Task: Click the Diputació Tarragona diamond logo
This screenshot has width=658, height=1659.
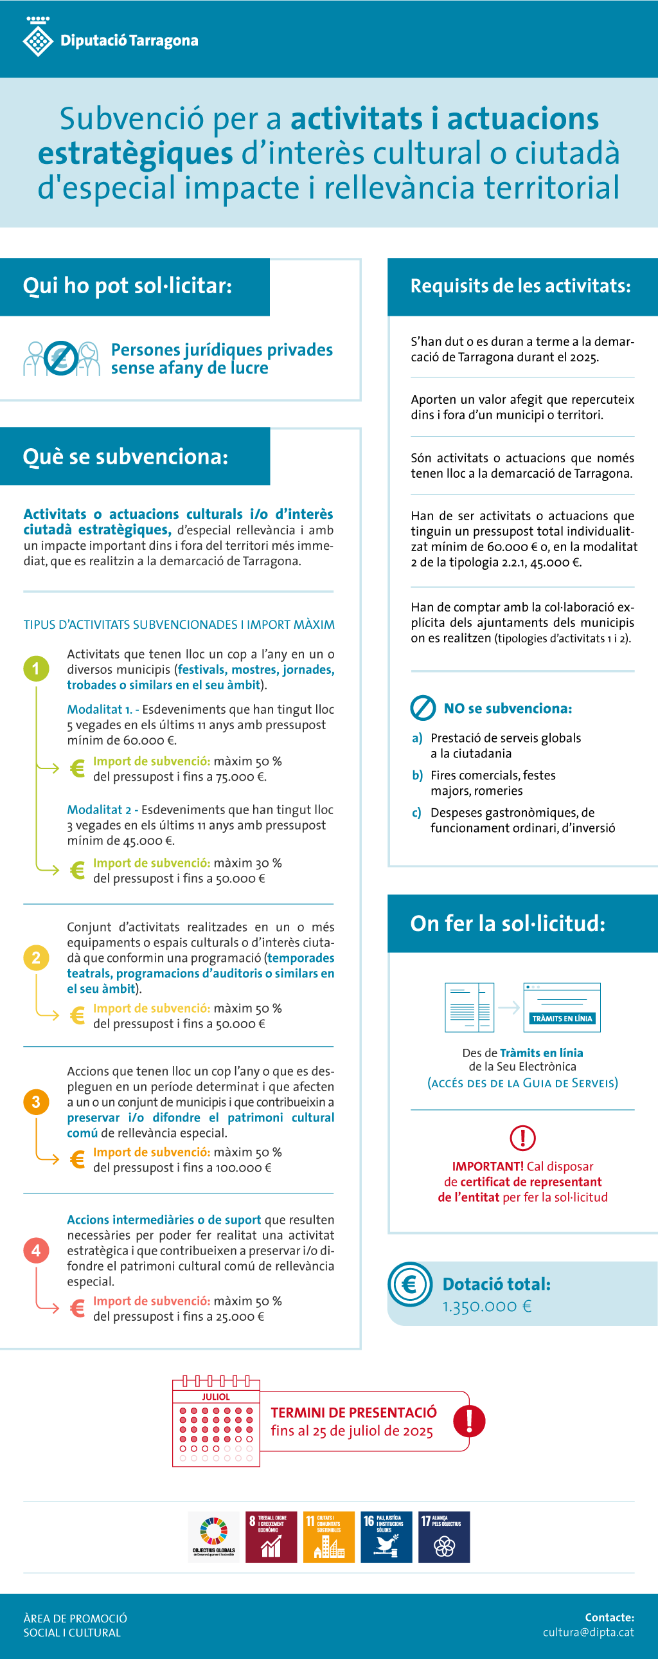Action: point(38,40)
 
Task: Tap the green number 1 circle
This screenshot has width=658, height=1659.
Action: point(36,669)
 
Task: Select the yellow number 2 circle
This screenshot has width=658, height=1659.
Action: point(36,957)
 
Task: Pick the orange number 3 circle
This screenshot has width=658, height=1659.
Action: point(36,1102)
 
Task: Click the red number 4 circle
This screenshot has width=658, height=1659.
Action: point(36,1250)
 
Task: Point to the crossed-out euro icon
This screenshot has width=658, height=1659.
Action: point(61,358)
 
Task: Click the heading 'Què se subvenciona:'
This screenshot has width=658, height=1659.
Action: point(125,457)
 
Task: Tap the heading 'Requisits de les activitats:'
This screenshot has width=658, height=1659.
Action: point(521,286)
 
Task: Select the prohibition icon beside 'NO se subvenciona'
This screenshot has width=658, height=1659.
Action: point(423,708)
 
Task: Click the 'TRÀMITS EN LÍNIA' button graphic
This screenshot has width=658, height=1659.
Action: point(562,1018)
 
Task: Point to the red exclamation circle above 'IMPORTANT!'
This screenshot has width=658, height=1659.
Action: point(522,1138)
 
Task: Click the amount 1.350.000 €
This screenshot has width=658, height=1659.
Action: point(486,1306)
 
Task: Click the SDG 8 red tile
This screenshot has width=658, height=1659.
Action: point(271,1537)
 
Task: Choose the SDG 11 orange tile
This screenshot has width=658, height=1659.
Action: point(329,1537)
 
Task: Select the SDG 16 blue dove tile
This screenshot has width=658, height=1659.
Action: point(386,1537)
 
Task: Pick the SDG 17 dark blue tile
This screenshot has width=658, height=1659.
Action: point(444,1537)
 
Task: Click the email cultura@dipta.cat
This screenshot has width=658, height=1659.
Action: point(588,1632)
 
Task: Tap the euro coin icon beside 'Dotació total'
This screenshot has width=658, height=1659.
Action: point(409,1285)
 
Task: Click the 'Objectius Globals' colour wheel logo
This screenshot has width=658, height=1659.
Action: point(214,1534)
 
